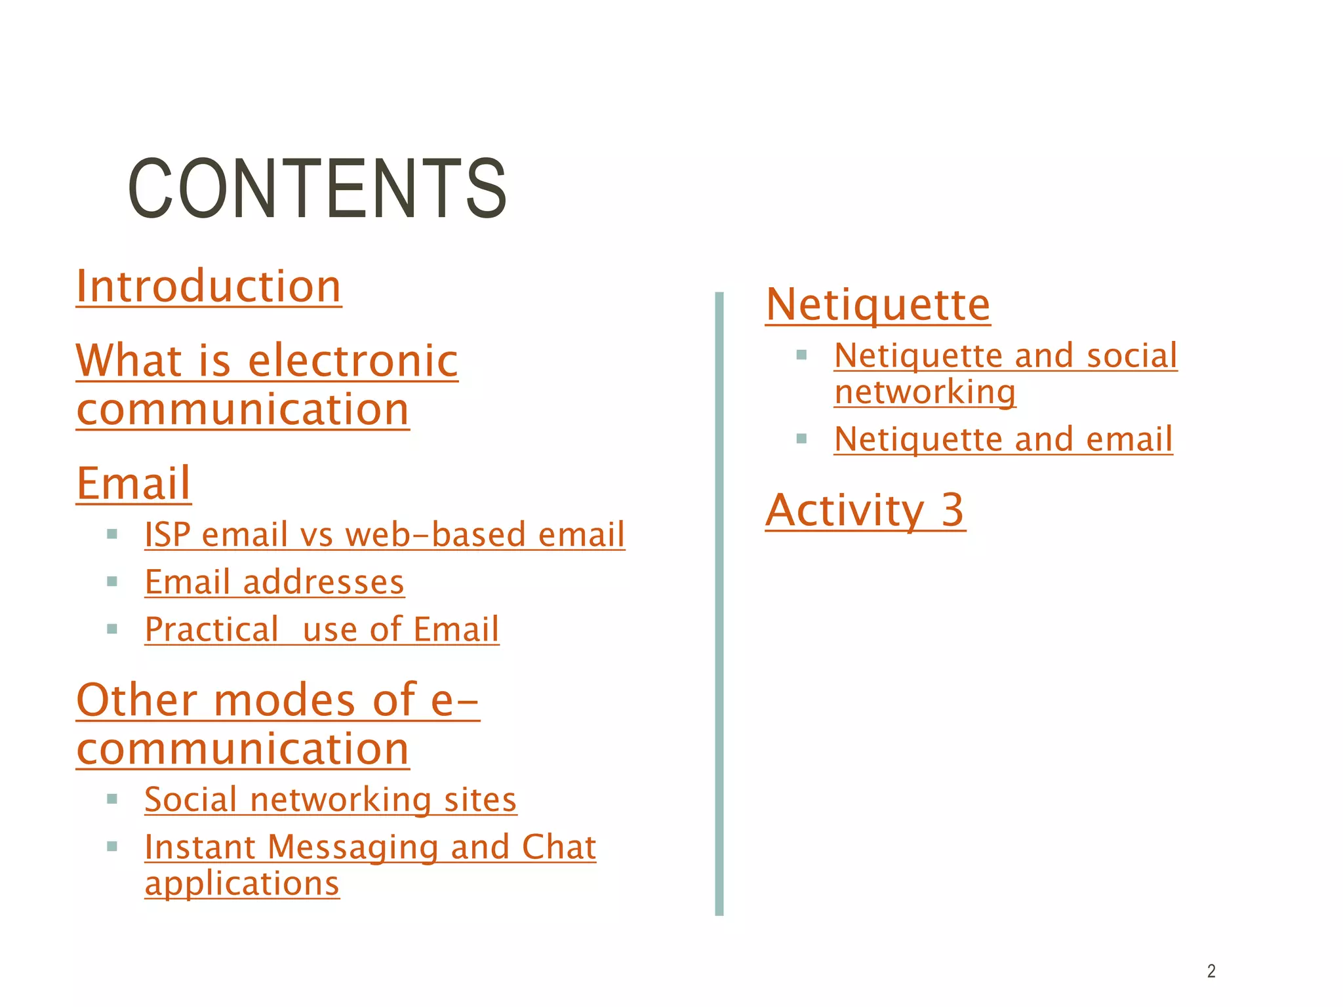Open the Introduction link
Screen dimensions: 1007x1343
(209, 286)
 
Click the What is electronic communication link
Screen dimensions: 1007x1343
(266, 385)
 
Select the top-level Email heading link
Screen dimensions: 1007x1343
(134, 483)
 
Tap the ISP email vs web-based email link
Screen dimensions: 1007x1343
(384, 534)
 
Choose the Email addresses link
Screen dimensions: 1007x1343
(274, 582)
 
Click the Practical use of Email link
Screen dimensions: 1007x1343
(321, 629)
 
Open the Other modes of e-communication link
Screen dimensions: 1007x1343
(277, 724)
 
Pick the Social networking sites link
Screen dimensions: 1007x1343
(331, 799)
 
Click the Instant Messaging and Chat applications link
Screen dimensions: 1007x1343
(370, 864)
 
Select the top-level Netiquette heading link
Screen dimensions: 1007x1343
(877, 305)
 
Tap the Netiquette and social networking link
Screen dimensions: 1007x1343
(1005, 374)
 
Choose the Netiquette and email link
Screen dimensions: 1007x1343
(1003, 439)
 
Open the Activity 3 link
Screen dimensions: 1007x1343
(865, 510)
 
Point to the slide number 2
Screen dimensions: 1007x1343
(1211, 971)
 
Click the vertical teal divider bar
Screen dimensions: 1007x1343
(719, 603)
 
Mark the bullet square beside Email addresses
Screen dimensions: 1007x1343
(112, 582)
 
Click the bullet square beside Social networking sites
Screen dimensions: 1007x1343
(112, 799)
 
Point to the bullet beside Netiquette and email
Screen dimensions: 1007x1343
(801, 439)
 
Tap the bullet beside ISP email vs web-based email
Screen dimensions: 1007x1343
(112, 534)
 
